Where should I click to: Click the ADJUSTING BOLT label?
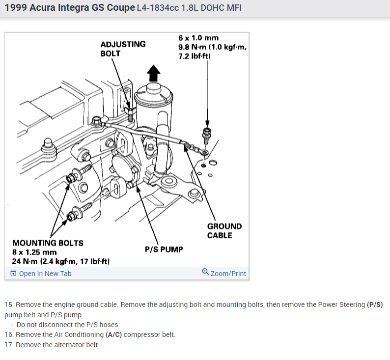click(123, 49)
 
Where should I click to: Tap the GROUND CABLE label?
click(224, 231)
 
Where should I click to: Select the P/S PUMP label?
click(164, 249)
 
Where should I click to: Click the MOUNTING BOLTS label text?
click(48, 243)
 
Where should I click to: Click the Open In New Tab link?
click(45, 274)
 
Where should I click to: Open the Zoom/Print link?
click(228, 274)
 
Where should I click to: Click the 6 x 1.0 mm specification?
click(198, 38)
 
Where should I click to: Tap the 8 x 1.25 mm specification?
click(34, 252)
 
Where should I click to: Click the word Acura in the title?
click(46, 8)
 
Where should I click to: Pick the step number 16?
click(8, 334)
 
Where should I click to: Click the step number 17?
click(8, 345)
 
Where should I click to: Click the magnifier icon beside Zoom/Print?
click(205, 273)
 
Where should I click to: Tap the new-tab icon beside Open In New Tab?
click(13, 274)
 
